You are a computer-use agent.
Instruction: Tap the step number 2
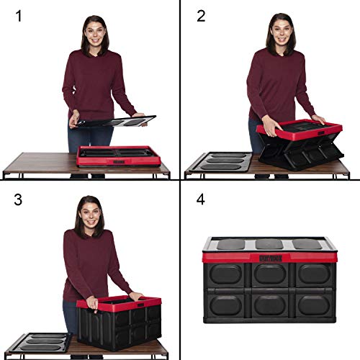pos(202,16)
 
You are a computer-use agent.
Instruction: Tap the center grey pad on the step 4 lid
pos(269,244)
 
